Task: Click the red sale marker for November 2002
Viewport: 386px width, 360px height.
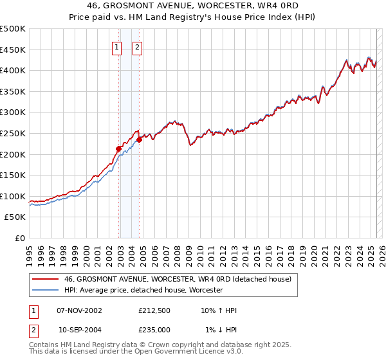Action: coord(118,148)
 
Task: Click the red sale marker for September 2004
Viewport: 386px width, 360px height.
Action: coord(140,139)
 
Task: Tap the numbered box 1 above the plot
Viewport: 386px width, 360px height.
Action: coord(116,46)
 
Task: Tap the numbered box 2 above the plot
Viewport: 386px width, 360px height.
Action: coord(138,46)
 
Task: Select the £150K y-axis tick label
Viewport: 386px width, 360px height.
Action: coord(13,175)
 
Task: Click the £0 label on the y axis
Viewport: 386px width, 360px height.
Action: coord(21,238)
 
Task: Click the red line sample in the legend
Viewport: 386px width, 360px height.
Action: coord(45,280)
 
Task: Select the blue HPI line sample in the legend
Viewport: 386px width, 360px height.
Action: coord(45,291)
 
